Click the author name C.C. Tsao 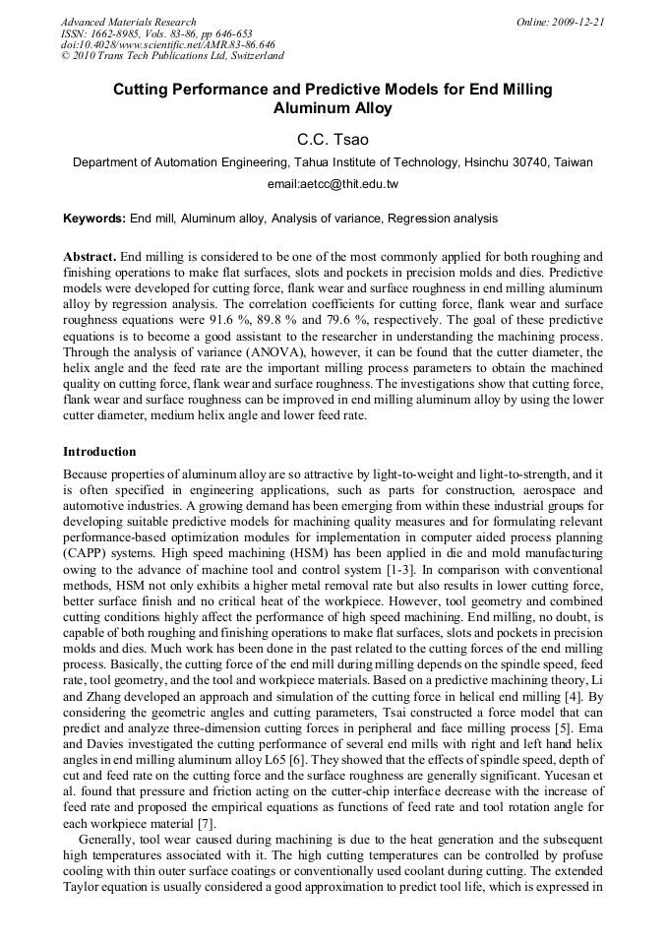pyautogui.click(x=333, y=140)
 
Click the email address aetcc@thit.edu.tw pyautogui.click(x=333, y=184)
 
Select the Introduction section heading pyautogui.click(x=99, y=452)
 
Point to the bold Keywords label pyautogui.click(x=94, y=219)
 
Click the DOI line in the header pyautogui.click(x=167, y=44)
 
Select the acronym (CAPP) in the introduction pyautogui.click(x=91, y=553)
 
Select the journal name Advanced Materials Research pyautogui.click(x=128, y=22)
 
